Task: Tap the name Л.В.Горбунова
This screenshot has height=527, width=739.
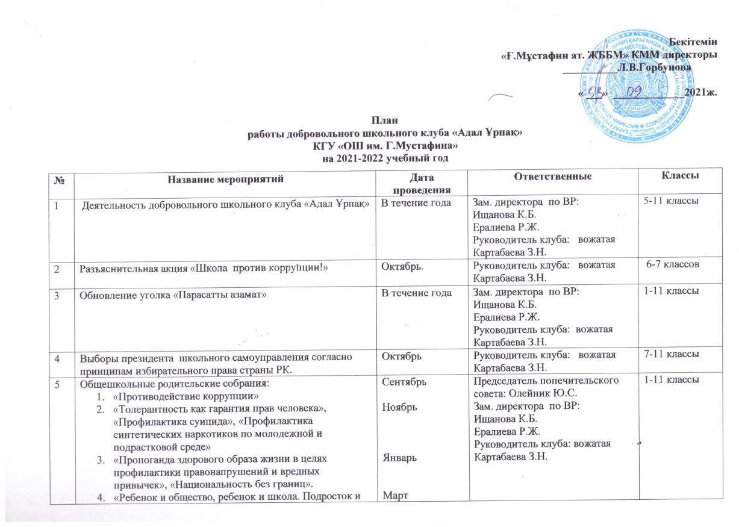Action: coord(653,67)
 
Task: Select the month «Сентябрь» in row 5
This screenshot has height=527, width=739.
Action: coord(401,382)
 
